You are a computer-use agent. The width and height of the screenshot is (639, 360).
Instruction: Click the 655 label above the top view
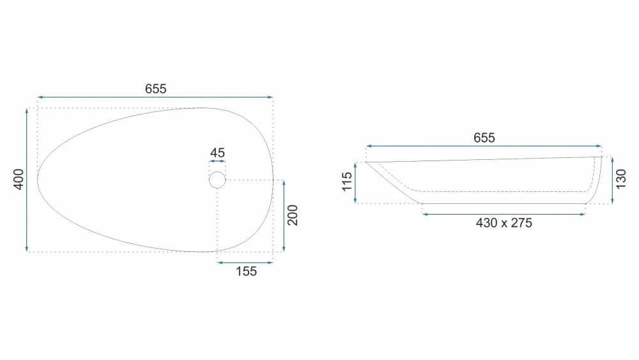pos(156,89)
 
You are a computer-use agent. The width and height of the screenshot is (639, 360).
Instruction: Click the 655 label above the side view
pos(484,138)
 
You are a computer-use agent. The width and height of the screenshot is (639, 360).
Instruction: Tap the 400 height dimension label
pos(19,180)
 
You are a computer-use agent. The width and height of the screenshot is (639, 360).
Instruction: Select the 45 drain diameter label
pos(217,153)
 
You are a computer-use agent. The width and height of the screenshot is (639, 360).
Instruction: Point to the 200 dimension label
pos(293,215)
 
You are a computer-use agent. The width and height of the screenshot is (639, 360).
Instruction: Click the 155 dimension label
pos(246,272)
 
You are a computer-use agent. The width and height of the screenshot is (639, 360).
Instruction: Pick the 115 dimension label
pos(347,182)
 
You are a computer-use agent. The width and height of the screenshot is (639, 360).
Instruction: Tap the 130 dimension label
pos(620,180)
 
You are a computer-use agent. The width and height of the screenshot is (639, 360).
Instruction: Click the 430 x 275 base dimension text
pos(504,223)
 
